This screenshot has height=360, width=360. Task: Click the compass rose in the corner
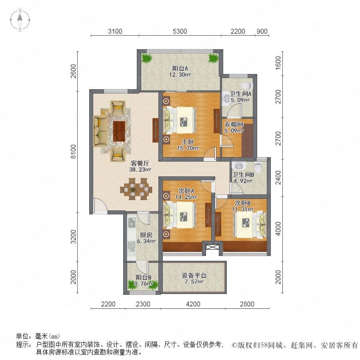coord(20,20)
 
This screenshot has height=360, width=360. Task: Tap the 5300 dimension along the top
coord(180,32)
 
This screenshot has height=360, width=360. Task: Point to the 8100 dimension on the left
coord(73,152)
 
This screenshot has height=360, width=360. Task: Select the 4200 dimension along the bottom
coord(193,304)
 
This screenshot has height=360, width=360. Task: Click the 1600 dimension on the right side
coord(278,63)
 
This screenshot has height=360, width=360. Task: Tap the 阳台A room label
coord(180,68)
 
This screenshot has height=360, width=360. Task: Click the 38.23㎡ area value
coord(140,170)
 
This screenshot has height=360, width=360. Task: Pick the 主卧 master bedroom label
coord(188,142)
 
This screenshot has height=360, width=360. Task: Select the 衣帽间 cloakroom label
coord(234,124)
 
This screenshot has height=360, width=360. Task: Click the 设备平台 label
coord(194,275)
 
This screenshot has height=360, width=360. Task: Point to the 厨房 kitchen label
coord(146,235)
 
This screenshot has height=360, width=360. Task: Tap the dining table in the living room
coord(136,189)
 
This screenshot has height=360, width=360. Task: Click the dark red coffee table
coord(119,132)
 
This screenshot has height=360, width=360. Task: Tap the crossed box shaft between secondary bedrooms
coord(210,247)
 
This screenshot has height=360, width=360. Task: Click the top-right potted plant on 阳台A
coord(213,58)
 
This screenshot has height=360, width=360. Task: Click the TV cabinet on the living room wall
coord(156,130)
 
